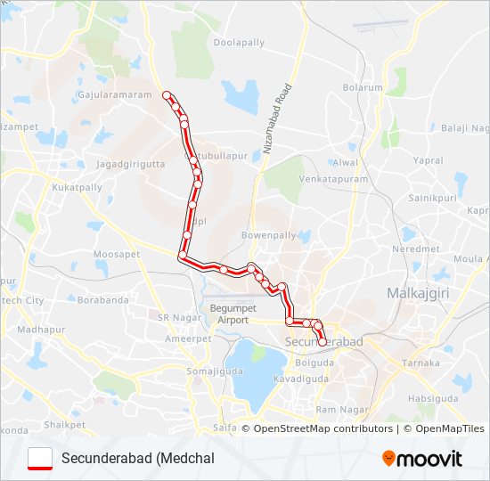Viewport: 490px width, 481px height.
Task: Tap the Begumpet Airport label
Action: (229, 313)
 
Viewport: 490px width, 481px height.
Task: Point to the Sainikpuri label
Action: (432, 197)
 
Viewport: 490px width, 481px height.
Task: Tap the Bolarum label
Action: (363, 88)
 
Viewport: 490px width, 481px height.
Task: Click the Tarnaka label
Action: (421, 363)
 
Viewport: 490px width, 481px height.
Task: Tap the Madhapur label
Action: (36, 330)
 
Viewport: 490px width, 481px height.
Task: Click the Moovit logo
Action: (421, 459)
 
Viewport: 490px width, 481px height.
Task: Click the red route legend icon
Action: (40, 458)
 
